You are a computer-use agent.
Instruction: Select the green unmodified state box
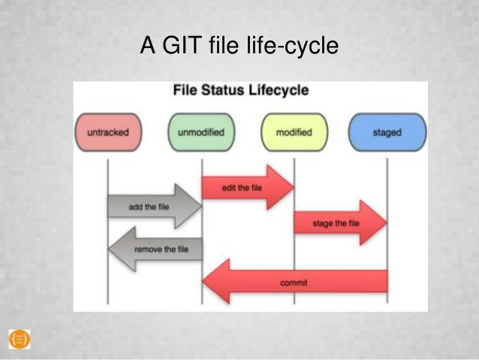[x=201, y=132]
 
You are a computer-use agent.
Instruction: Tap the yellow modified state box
[x=294, y=132]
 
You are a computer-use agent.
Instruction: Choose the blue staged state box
[x=387, y=132]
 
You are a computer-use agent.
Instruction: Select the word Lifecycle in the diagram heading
[x=279, y=91]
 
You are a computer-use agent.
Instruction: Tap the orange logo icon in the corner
[x=20, y=339]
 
